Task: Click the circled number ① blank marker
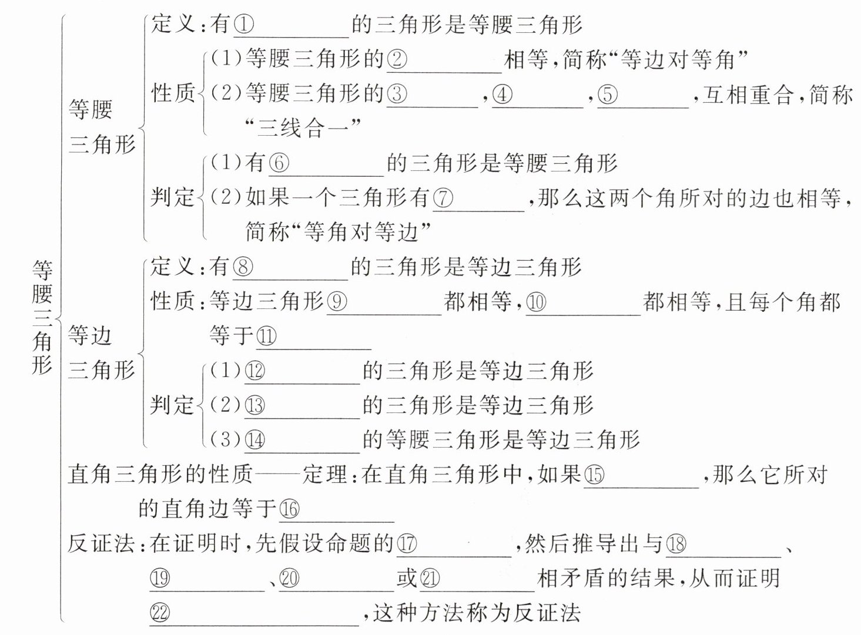[243, 25]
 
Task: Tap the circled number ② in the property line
[397, 59]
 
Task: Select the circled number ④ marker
[501, 94]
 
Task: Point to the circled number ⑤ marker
[607, 94]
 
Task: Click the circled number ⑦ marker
[443, 198]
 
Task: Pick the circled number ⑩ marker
[535, 302]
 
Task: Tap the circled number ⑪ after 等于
[266, 337]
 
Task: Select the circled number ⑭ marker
[254, 440]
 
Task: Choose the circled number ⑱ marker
[676, 544]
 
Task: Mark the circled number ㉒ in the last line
[160, 613]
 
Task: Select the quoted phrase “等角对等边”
[364, 232]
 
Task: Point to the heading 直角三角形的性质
[160, 474]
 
